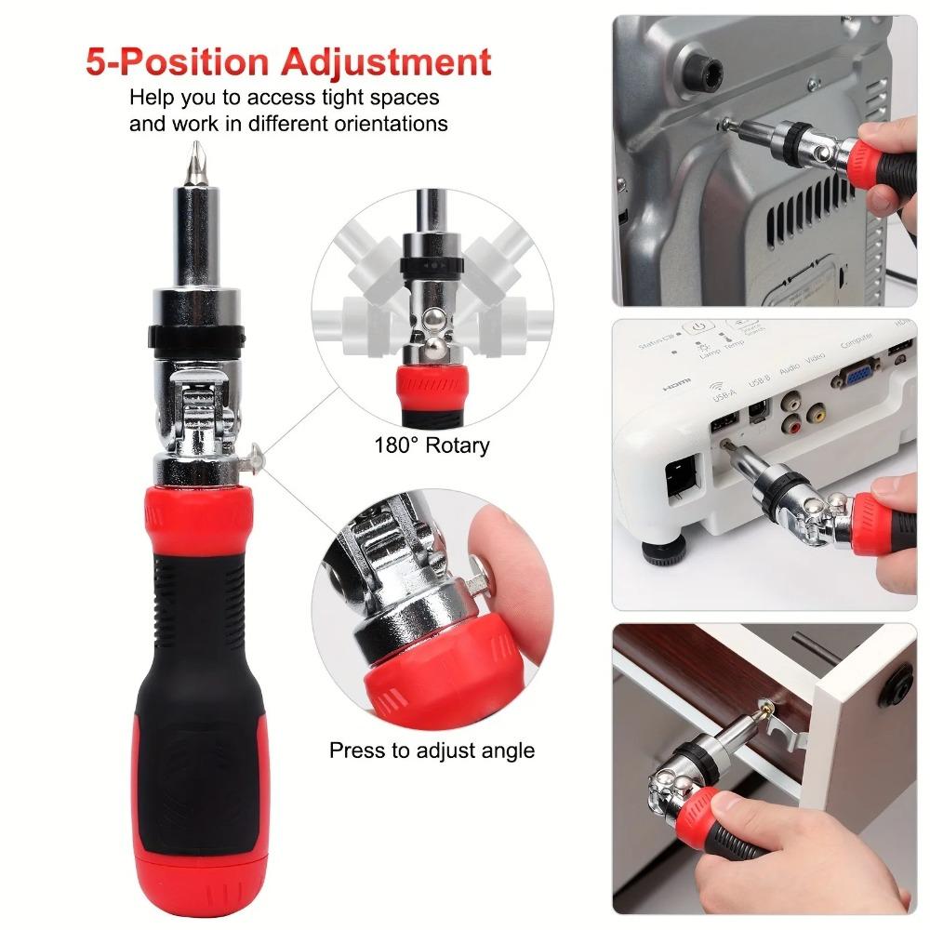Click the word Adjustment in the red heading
point(388,62)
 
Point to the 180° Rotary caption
point(432,445)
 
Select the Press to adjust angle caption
point(432,750)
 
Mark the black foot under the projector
point(668,553)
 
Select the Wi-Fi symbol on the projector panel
point(717,386)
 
